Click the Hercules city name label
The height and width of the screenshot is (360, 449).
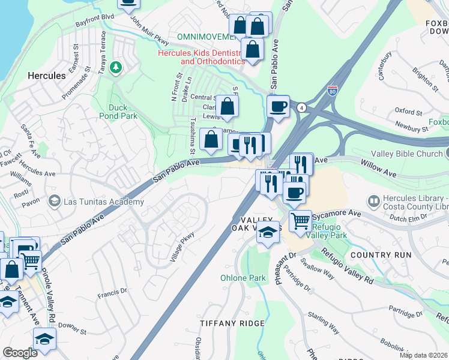point(46,76)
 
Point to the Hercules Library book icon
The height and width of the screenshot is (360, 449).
point(373,200)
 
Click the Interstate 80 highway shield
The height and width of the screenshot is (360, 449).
point(333,91)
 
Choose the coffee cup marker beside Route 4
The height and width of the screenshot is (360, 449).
point(278,106)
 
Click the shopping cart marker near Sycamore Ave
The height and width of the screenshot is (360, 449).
point(300,220)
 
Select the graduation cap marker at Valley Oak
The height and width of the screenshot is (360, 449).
point(268,232)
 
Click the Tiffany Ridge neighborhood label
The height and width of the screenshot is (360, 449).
point(232,323)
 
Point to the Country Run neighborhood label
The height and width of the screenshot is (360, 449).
point(381,255)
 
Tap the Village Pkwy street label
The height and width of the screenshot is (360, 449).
point(182,247)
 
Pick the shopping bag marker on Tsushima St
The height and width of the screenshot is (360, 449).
point(211,139)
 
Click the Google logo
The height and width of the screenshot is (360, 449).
point(20,353)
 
